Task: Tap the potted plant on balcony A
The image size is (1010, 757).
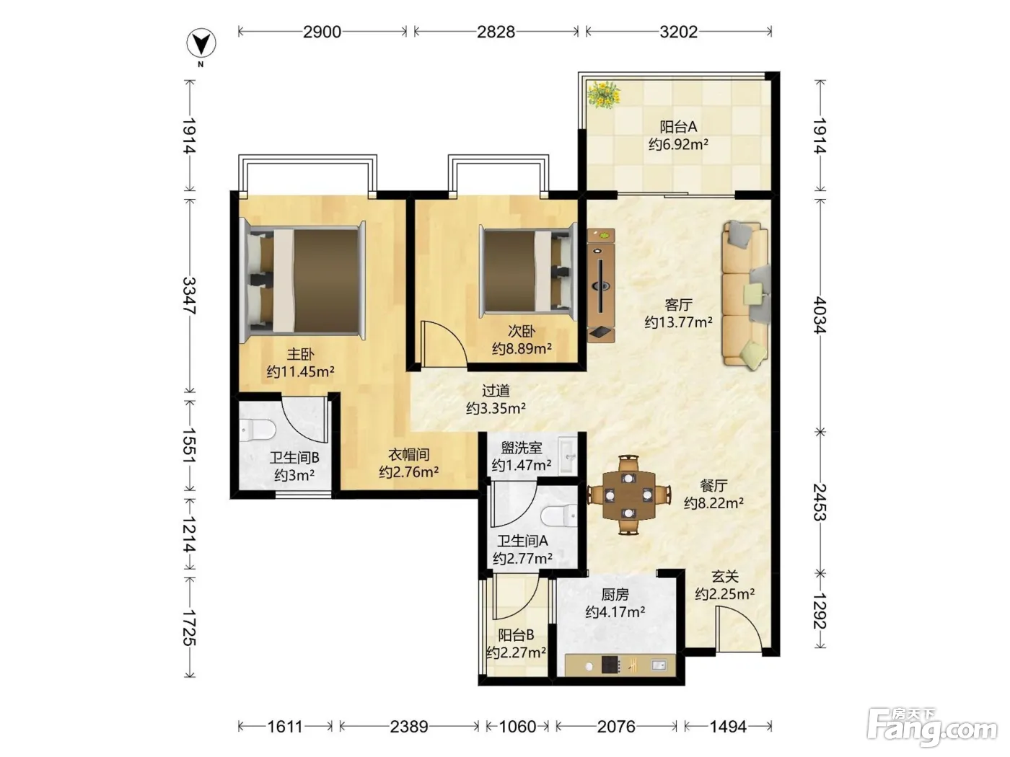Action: point(604,94)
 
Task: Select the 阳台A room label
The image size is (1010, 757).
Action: point(678,126)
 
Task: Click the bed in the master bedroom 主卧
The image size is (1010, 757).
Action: point(303,280)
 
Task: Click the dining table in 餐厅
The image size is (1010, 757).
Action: point(628,495)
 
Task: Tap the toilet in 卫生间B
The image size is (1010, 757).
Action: point(258,430)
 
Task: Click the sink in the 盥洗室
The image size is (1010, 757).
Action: point(568,456)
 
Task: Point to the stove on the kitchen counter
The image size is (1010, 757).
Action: point(610,665)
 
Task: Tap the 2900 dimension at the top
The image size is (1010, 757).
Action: point(322,32)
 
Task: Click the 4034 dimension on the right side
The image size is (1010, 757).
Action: point(820,315)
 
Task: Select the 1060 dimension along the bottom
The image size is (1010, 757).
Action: point(518,727)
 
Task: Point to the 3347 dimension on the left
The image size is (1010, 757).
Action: point(190,296)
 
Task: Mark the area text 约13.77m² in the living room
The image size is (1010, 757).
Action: point(678,322)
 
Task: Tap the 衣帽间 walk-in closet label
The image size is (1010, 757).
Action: point(408,455)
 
